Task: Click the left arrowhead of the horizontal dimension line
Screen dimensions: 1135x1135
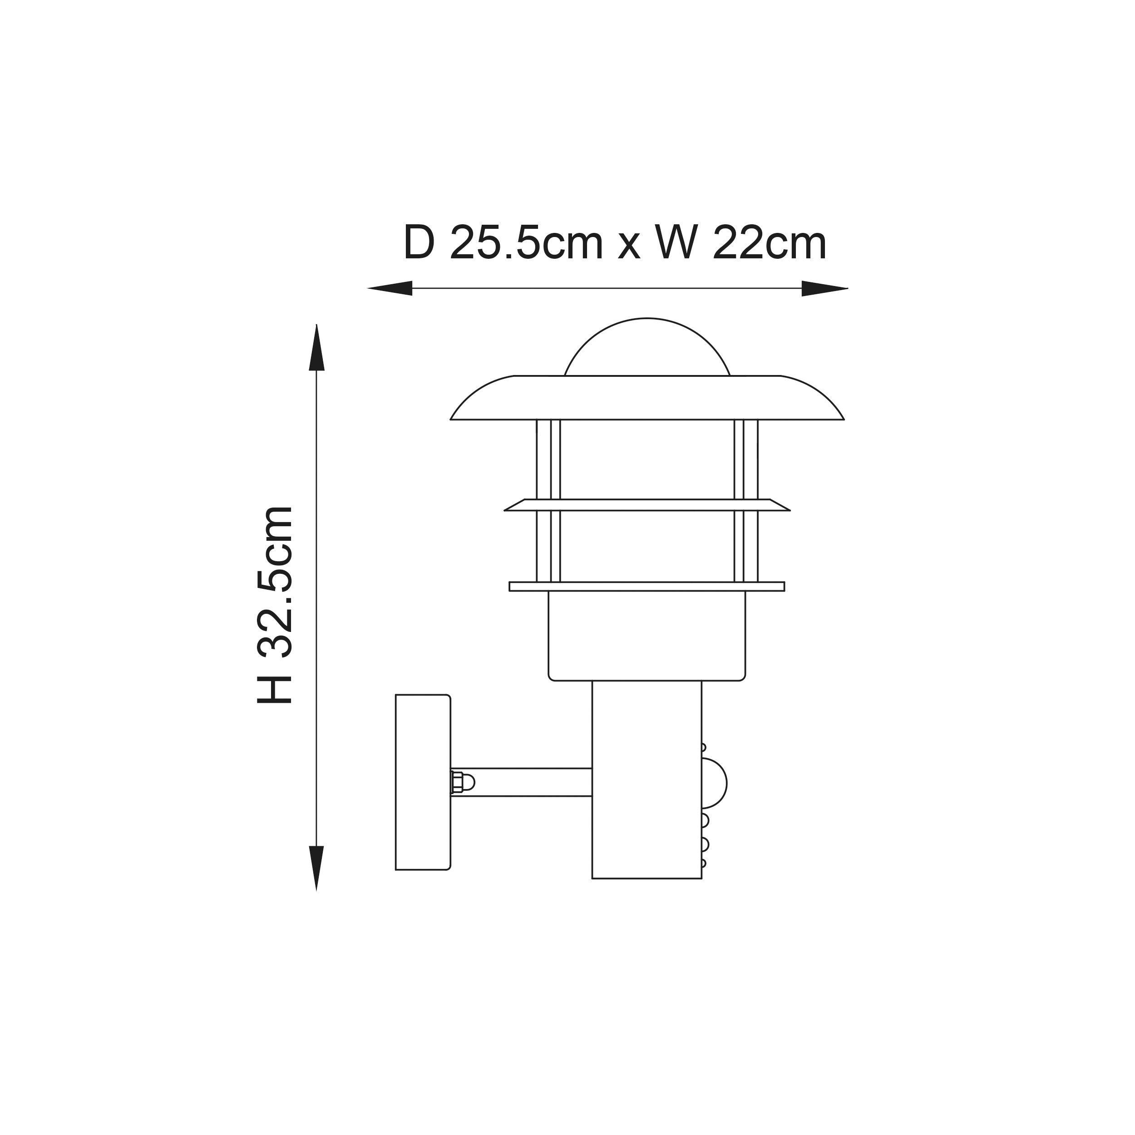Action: pos(391,288)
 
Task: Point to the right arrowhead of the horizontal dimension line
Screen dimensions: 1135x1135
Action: pos(824,288)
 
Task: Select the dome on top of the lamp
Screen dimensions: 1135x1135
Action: pos(647,350)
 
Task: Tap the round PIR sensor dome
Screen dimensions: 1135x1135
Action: pos(715,783)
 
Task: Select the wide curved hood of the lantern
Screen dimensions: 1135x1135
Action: pos(647,398)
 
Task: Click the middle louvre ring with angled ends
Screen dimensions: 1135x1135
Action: pos(647,505)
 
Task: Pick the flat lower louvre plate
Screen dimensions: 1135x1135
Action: pos(647,586)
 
